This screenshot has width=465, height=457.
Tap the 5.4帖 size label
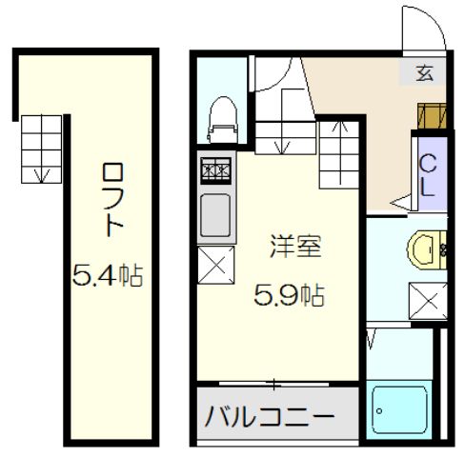coord(108,276)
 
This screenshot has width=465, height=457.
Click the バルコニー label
coord(270,416)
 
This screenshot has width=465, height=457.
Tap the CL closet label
coord(428,176)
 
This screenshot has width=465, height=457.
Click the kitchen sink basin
coord(214,212)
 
